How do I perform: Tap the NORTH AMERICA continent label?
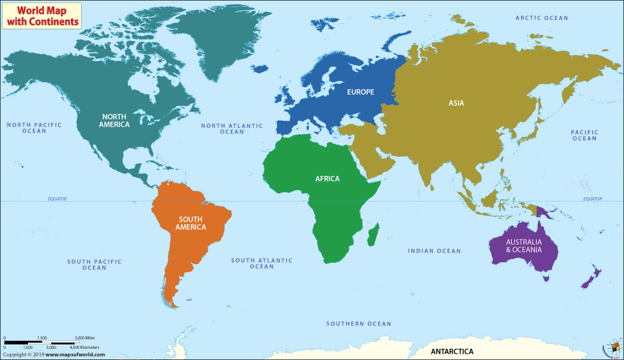coord(114,120)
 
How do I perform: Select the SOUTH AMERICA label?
coord(191,223)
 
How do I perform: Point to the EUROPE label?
coord(361,92)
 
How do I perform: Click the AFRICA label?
coord(328,179)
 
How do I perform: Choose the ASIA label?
coord(456,103)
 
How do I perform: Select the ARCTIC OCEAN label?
coord(542,18)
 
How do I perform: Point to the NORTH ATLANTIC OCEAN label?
coord(232,129)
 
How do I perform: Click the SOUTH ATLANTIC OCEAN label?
coord(261,263)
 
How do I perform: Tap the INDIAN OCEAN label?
coord(434,251)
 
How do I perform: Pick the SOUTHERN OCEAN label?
coord(359,324)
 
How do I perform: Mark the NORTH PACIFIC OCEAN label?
coord(34,128)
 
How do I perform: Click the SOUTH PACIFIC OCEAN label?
coord(95,265)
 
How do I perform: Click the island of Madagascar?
coord(374,236)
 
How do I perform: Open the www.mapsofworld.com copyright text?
coord(53,354)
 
